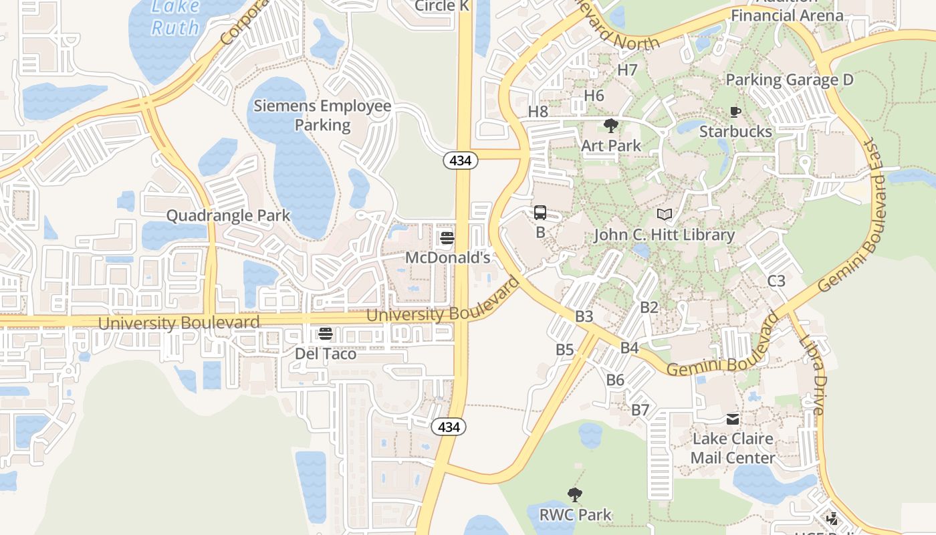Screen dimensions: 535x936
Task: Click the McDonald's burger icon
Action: [x=447, y=238]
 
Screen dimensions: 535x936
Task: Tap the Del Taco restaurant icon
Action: [x=326, y=334]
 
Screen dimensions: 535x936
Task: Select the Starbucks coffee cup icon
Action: [x=735, y=112]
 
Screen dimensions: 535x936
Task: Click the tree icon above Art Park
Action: [x=610, y=126]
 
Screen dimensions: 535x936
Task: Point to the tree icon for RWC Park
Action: [x=575, y=496]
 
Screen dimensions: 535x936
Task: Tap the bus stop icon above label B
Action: [x=540, y=213]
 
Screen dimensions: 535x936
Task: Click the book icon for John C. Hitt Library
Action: [x=665, y=215]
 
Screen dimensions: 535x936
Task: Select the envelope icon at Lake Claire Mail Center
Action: [x=733, y=419]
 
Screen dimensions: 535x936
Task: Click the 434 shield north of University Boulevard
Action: [x=461, y=160]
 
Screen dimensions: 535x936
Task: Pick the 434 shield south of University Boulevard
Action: [x=448, y=427]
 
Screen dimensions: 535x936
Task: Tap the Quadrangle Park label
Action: [x=228, y=215]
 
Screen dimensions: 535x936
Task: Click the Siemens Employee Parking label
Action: [x=322, y=116]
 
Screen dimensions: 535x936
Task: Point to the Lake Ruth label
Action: [x=175, y=17]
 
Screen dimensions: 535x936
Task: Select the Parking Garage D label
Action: [x=790, y=80]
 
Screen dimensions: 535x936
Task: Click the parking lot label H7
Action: [x=627, y=70]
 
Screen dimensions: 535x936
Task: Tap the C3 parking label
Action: [x=776, y=281]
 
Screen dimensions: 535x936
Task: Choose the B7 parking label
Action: [x=640, y=410]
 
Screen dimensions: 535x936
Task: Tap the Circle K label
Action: [x=442, y=7]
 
